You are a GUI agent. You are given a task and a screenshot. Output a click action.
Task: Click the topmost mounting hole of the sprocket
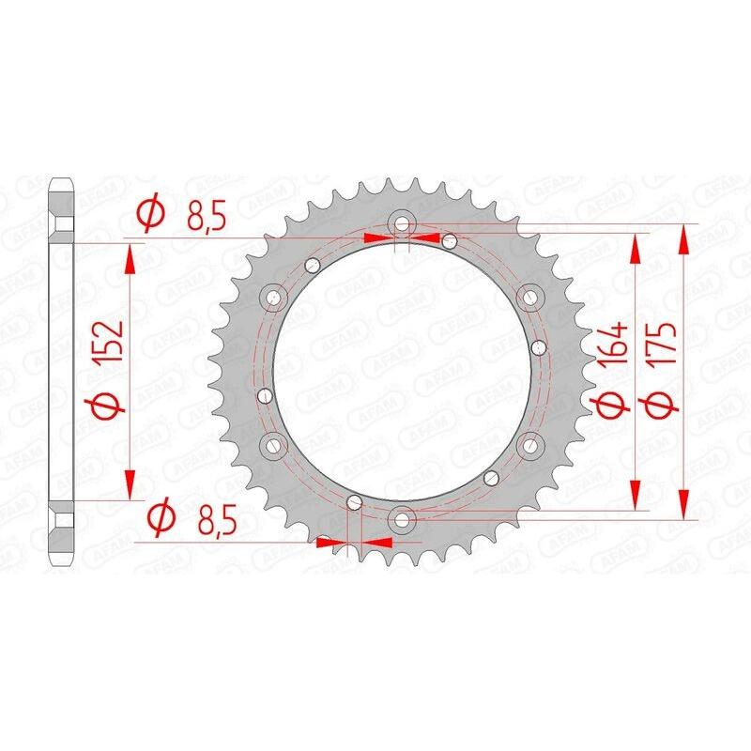click(x=401, y=223)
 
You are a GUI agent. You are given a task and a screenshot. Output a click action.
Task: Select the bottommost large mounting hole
click(x=401, y=515)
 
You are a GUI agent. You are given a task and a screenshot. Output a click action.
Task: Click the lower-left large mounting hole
click(x=275, y=443)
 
